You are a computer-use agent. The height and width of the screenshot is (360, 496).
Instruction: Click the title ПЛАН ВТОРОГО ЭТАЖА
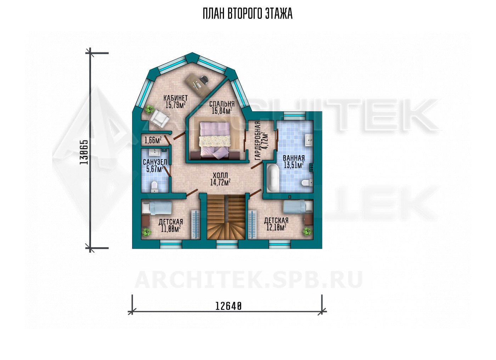[248, 14]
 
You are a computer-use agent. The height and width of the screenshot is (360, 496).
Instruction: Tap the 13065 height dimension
[84, 152]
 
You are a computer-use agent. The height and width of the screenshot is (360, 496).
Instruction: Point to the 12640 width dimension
[228, 306]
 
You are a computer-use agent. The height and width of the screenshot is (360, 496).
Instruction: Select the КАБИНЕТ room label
[175, 98]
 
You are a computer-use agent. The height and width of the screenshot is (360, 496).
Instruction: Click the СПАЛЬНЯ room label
[222, 104]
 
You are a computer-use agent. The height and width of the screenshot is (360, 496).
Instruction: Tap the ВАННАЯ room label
[294, 158]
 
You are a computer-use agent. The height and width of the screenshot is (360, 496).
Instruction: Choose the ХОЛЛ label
[220, 176]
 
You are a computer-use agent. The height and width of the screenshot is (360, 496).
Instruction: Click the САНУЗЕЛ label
[155, 162]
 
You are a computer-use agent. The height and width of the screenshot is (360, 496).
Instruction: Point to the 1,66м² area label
[153, 140]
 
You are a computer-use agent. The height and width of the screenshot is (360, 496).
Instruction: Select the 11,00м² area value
[171, 229]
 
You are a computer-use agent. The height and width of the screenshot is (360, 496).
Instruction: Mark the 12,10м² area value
[276, 227]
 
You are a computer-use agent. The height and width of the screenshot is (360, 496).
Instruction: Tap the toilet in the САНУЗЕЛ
[154, 186]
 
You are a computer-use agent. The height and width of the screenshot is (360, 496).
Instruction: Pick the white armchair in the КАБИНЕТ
[159, 119]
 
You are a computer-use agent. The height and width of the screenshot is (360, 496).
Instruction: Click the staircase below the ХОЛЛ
[226, 216]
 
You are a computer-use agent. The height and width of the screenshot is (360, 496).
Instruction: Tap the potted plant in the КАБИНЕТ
[150, 109]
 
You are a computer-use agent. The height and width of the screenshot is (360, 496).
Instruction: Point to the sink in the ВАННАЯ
[309, 140]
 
